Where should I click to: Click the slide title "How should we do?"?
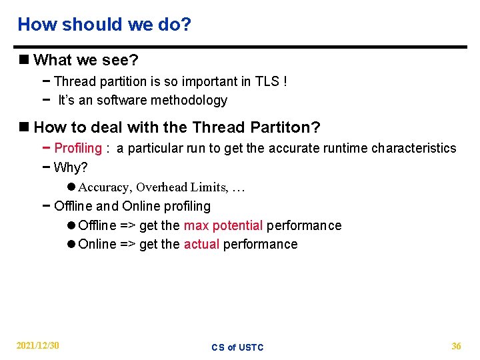104,25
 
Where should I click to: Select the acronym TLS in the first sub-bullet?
268,82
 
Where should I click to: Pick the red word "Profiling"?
78,148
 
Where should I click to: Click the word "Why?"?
71,167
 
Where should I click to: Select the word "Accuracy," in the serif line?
105,187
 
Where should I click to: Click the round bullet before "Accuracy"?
71,187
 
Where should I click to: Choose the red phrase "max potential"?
223,225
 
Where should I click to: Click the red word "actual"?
201,244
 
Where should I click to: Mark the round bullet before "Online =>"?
71,244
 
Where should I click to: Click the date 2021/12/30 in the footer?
37,345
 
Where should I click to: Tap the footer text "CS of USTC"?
237,347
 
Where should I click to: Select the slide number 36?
456,346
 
